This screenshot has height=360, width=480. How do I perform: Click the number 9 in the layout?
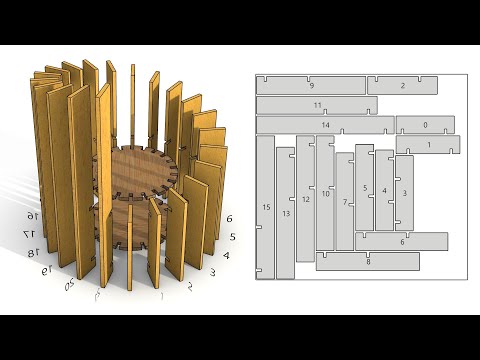pos(311,86)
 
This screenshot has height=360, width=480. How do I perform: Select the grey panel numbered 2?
pos(402,86)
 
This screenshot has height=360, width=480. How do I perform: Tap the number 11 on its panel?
pos(317,105)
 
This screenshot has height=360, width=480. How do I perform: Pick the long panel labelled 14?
pos(325,125)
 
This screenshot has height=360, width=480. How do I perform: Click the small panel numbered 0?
pos(426,125)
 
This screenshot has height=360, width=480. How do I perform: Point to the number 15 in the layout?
pos(266,207)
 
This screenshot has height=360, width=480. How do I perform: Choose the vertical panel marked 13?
pos(286,213)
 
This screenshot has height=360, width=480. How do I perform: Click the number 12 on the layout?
pos(306,199)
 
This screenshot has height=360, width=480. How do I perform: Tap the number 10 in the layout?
pos(325,193)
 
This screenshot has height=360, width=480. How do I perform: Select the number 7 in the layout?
pos(345,202)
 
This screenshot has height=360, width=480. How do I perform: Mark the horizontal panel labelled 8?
pos(367,261)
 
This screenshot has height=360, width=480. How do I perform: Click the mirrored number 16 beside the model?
pos(32,216)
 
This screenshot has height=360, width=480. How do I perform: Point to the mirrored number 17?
pos(31,233)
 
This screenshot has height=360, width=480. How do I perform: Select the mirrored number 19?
pos(45,270)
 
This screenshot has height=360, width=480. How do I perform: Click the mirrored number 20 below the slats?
pos(70,286)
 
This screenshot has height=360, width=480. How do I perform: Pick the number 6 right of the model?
pos(230,218)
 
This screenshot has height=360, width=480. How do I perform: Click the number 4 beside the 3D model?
pos(226,255)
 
